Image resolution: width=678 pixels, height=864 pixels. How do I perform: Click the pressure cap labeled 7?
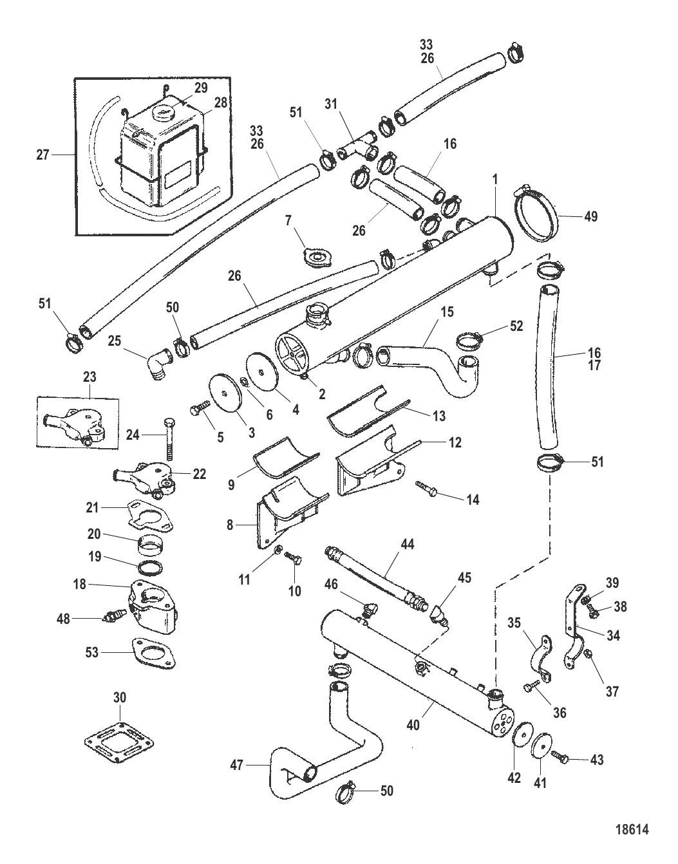pyautogui.click(x=315, y=258)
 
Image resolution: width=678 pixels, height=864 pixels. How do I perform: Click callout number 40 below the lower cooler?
pyautogui.click(x=412, y=725)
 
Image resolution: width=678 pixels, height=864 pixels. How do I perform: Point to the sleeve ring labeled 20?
pyautogui.click(x=150, y=547)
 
